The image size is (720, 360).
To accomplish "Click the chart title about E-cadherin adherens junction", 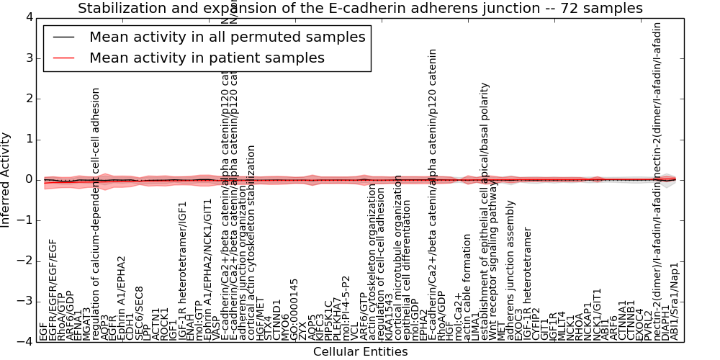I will pyautogui.click(x=360, y=8).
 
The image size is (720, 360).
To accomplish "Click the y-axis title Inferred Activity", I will pyautogui.click(x=6, y=179).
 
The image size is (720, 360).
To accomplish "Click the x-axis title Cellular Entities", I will pyautogui.click(x=360, y=352).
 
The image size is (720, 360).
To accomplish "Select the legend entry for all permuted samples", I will pyautogui.click(x=227, y=37).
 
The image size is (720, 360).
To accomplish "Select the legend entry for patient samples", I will pyautogui.click(x=207, y=58).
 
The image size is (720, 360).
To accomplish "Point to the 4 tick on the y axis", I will pyautogui.click(x=27, y=17).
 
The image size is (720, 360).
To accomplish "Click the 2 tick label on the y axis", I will pyautogui.click(x=27, y=99).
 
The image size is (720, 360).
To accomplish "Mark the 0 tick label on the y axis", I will pyautogui.click(x=27, y=180).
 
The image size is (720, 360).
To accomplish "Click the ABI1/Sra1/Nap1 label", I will pyautogui.click(x=674, y=302).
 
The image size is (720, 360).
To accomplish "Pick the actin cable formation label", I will pyautogui.click(x=467, y=287).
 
